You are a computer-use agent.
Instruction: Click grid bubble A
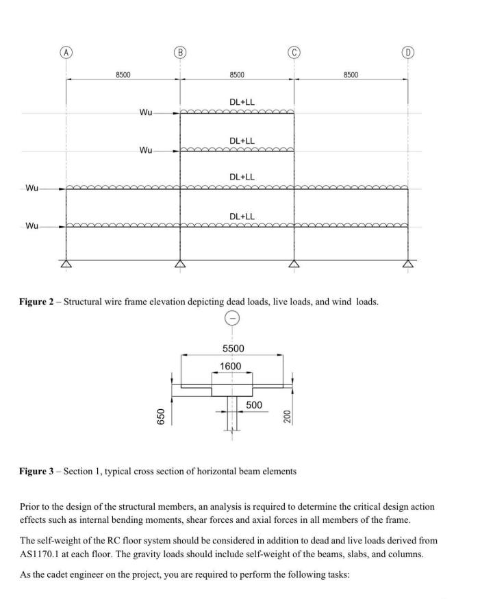pyautogui.click(x=66, y=52)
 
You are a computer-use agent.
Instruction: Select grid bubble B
pyautogui.click(x=180, y=52)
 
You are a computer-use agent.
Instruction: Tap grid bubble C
pyautogui.click(x=294, y=52)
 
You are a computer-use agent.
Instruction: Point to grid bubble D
pyautogui.click(x=408, y=52)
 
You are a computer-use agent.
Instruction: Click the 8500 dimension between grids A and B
pyautogui.click(x=123, y=75)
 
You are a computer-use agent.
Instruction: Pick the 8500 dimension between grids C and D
pyautogui.click(x=351, y=75)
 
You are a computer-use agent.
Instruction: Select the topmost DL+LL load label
pyautogui.click(x=242, y=102)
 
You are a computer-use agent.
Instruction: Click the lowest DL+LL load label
pyautogui.click(x=242, y=217)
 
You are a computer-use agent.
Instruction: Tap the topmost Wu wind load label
pyautogui.click(x=146, y=113)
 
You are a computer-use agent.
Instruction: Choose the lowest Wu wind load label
pyautogui.click(x=32, y=225)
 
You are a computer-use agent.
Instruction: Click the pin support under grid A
pyautogui.click(x=66, y=265)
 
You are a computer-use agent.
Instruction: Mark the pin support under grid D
pyautogui.click(x=408, y=265)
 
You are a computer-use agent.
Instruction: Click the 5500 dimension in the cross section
pyautogui.click(x=233, y=349)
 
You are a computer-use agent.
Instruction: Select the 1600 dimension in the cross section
pyautogui.click(x=231, y=366)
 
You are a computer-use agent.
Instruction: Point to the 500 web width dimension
pyautogui.click(x=254, y=406)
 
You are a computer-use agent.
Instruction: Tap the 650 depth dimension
pyautogui.click(x=161, y=416)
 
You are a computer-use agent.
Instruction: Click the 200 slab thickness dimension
pyautogui.click(x=288, y=416)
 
